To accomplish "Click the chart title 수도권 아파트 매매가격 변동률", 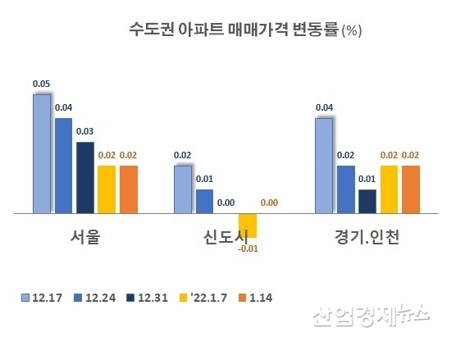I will pos(234,31).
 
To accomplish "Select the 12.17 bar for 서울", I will pos(42,154).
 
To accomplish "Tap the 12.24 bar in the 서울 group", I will pos(63,166).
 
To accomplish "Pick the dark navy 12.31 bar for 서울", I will pos(85,178).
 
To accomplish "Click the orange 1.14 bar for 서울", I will pos(129,189).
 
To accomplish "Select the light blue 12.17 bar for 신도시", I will pos(183,189).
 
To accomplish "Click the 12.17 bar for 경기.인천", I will pos(324,166).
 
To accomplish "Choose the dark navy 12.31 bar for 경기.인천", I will pos(367,202).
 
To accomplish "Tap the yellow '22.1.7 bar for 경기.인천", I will pos(389,189).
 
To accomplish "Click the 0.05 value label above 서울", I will pos(41,84).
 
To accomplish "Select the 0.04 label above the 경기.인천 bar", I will pos(324,107).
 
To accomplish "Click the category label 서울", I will pos(85,238).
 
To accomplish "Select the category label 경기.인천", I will pos(367,238).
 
